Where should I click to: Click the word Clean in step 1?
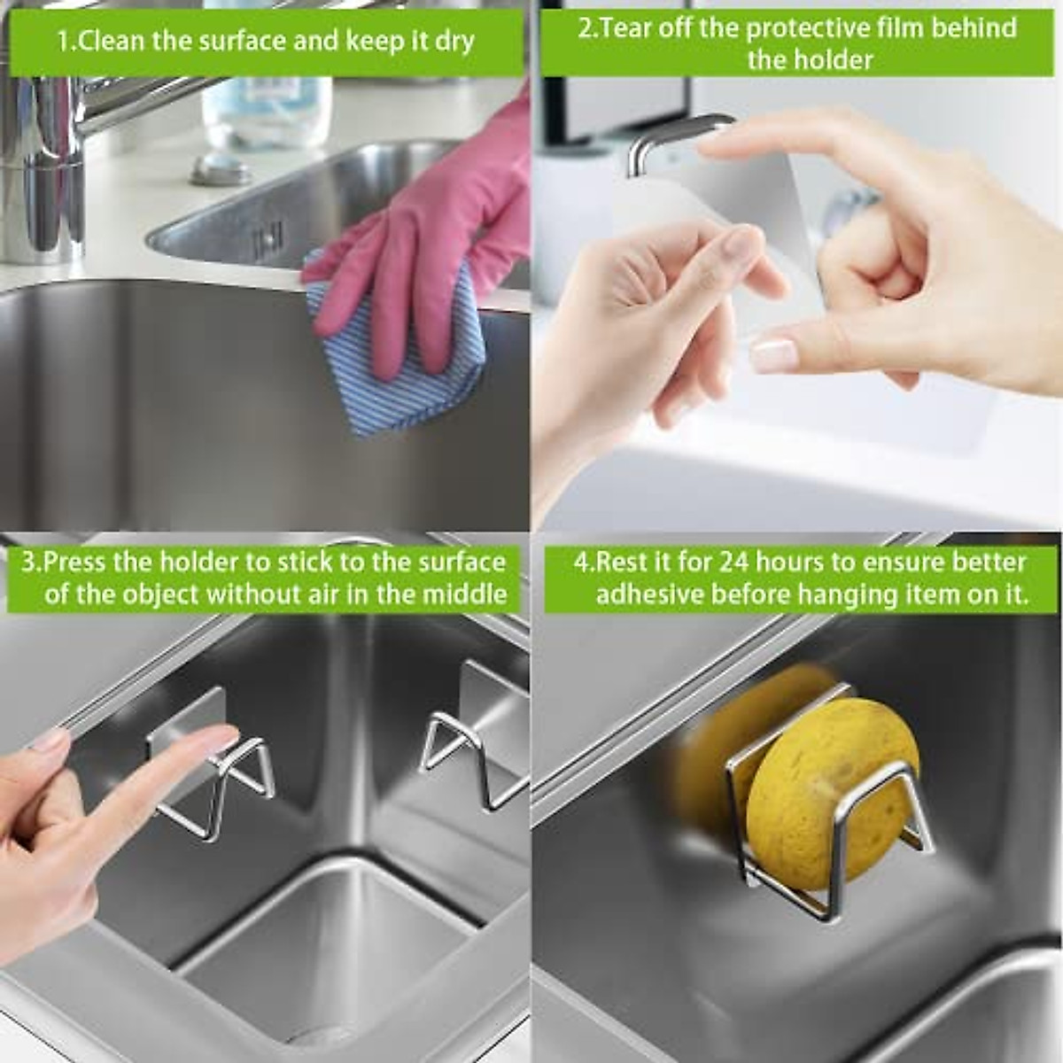[x=112, y=41]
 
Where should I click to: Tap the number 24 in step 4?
[x=735, y=562]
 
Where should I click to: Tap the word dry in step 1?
[x=454, y=41]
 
